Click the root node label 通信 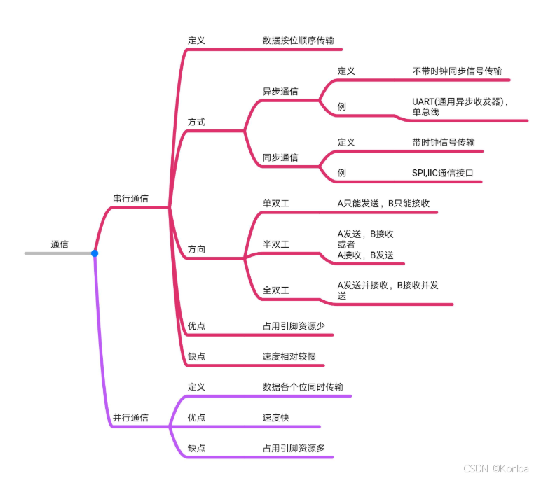pos(60,244)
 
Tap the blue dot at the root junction pos(95,253)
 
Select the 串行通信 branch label pos(130,199)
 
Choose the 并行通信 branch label pos(130,417)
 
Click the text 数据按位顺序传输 pos(298,41)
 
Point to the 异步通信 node pos(280,92)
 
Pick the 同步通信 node pos(280,157)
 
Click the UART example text pos(459,106)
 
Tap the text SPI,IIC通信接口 pos(447,172)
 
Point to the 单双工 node pos(276,204)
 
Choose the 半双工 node pos(276,244)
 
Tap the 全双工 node pos(276,290)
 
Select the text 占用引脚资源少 pos(294,325)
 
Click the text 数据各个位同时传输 pos(303,386)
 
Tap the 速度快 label pos(275,417)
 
